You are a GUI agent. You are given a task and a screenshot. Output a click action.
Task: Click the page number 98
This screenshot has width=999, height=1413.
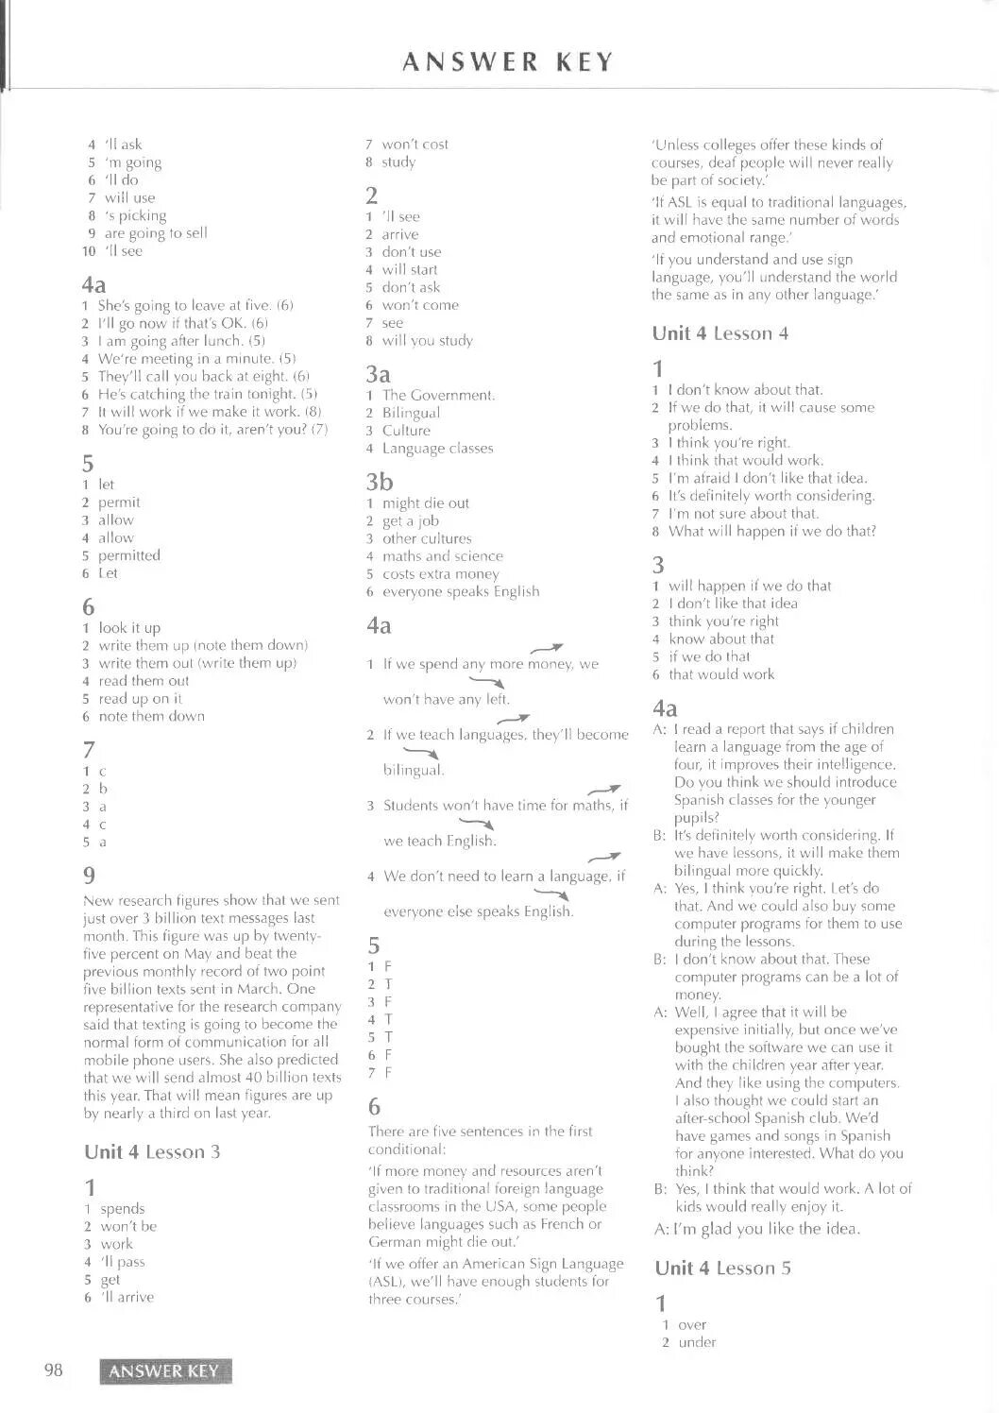(x=53, y=1370)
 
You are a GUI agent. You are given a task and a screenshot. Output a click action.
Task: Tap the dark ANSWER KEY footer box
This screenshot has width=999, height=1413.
(x=164, y=1371)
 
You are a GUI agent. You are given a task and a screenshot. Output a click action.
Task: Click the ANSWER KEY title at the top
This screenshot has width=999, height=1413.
(x=508, y=62)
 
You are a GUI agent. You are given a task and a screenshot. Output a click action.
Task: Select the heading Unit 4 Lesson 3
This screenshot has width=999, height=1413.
(x=152, y=1151)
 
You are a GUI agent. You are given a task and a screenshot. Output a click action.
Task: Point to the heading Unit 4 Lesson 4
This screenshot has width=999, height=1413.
(x=720, y=333)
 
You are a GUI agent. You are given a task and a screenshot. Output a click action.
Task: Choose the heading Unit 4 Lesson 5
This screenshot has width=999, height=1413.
(x=722, y=1268)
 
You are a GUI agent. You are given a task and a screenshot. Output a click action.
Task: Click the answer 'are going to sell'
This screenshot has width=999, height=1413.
(x=156, y=233)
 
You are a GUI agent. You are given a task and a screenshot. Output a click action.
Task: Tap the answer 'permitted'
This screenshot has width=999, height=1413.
(x=129, y=555)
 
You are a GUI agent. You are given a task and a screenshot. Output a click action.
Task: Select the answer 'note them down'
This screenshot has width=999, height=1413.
(x=151, y=716)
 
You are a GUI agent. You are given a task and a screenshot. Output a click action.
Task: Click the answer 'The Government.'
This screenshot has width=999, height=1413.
(x=438, y=396)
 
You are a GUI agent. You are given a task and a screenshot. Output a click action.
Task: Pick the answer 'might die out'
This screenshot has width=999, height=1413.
(x=425, y=503)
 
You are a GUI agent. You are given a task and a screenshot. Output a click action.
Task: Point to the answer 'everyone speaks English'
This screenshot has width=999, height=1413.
(x=461, y=591)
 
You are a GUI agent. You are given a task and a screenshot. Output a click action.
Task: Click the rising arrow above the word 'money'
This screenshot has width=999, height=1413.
(x=547, y=648)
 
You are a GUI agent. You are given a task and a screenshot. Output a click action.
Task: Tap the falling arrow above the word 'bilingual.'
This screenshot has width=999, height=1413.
(x=427, y=754)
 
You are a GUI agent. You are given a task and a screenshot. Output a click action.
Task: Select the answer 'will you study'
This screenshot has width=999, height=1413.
(x=427, y=341)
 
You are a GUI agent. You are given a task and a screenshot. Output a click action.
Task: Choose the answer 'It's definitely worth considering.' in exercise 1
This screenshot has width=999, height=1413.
(x=771, y=496)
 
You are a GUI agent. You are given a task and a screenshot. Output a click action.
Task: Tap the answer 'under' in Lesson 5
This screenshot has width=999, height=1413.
(x=697, y=1342)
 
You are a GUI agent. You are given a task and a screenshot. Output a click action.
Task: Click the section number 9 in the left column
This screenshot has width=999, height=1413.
(x=90, y=875)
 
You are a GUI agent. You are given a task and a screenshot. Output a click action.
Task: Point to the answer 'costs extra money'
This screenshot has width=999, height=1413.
(x=440, y=574)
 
